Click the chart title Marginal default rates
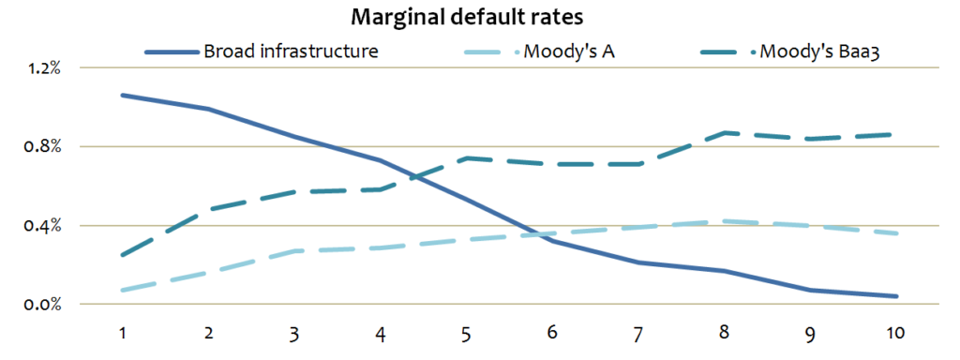[x=479, y=18]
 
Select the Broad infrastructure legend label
[x=291, y=51]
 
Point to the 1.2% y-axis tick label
[x=43, y=68]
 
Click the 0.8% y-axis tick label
[x=43, y=146]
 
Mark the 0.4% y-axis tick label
[x=43, y=225]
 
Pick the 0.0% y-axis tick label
[x=43, y=304]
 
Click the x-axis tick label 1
[x=122, y=333]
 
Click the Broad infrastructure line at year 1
[x=123, y=95]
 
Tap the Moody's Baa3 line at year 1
[x=123, y=255]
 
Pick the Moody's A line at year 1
[x=123, y=290]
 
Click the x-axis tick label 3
[x=295, y=333]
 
